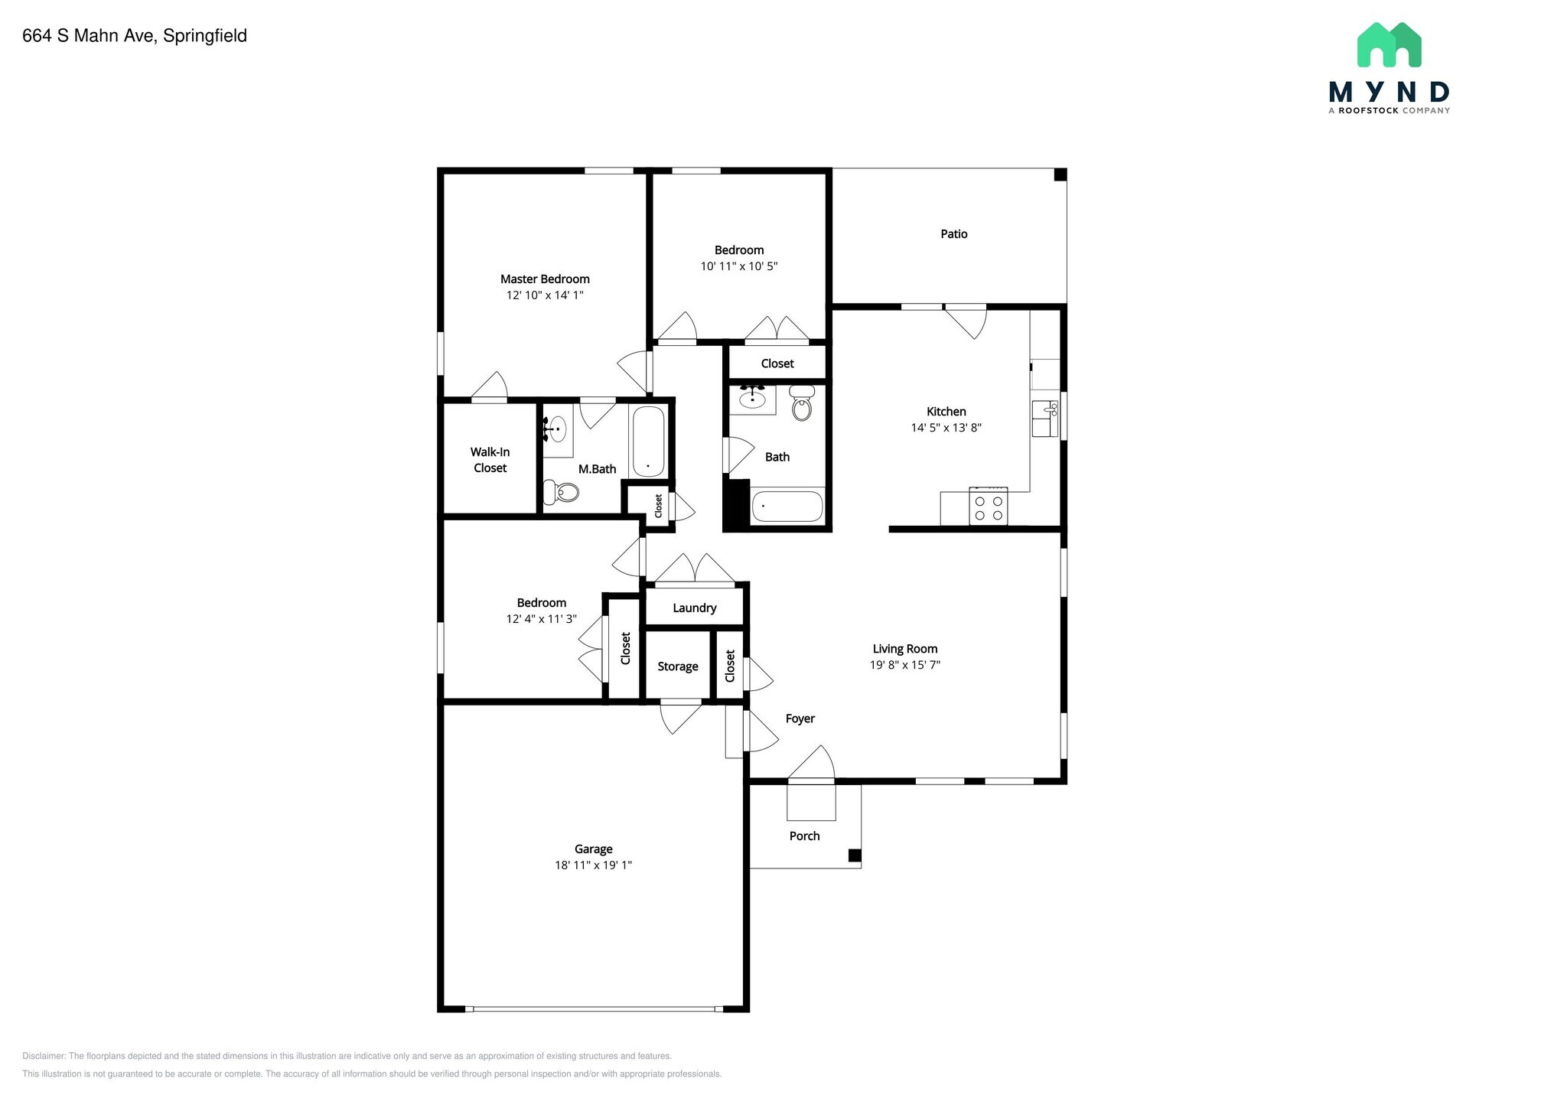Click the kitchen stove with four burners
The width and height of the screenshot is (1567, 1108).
(x=988, y=506)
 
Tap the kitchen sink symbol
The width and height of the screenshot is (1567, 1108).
(x=1044, y=419)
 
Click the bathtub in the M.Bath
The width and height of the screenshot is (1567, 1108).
(x=648, y=442)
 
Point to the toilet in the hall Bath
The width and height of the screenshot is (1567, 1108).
(x=801, y=403)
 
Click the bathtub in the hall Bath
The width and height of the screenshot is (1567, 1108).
(x=787, y=507)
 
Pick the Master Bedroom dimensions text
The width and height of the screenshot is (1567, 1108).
(x=545, y=295)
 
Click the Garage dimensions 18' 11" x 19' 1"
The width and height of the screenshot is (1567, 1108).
(x=594, y=865)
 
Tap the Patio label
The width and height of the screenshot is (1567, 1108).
(x=954, y=234)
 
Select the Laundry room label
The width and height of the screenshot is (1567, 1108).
(x=695, y=608)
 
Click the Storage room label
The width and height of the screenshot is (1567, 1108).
(x=678, y=666)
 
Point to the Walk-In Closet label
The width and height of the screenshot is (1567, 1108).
(x=490, y=460)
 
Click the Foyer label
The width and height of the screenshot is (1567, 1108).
(x=800, y=719)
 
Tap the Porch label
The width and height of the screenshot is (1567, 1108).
(x=805, y=836)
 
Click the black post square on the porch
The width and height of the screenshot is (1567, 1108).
(x=855, y=855)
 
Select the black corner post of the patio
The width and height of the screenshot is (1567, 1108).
(x=1060, y=174)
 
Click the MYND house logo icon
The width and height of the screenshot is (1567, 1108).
(x=1389, y=44)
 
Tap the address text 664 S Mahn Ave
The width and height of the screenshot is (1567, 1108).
(x=91, y=36)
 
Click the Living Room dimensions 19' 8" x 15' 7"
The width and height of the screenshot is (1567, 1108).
(x=905, y=665)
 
